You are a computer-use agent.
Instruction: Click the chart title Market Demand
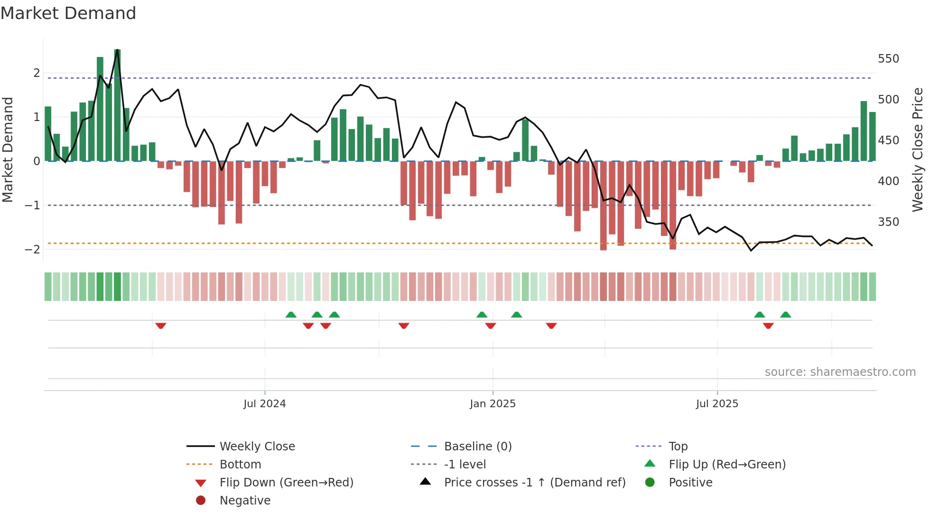coord(68,13)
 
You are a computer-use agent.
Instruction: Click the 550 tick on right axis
coord(888,59)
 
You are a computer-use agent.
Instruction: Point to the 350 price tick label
coord(888,222)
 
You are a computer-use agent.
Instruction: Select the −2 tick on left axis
coord(33,250)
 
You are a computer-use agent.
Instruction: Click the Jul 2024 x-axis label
coord(264,404)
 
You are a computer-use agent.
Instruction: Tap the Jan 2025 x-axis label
coord(493,404)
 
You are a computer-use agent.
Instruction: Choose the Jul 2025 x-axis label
coord(717,404)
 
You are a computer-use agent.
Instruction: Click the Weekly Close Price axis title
coord(918,149)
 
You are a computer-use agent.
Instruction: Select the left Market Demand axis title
coord(8,149)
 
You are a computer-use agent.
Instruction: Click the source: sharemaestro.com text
coord(840,372)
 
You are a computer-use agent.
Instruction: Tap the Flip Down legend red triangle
coord(201,483)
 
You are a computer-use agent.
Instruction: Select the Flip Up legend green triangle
coord(650,464)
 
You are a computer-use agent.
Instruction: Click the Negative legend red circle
coord(201,501)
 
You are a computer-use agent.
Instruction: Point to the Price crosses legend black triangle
coord(426,482)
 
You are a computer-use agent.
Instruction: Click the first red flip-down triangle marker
coord(161,326)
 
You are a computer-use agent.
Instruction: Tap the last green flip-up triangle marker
coord(786,315)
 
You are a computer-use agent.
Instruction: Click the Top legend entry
coord(678,447)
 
